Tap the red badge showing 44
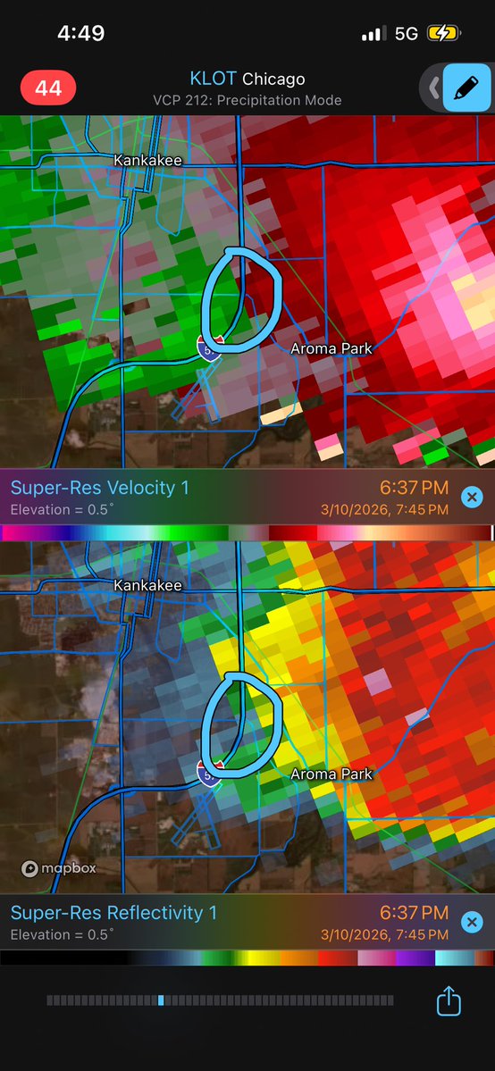click(48, 88)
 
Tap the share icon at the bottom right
click(449, 1000)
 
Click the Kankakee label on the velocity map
click(147, 160)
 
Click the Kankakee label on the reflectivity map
click(147, 585)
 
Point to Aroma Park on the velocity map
click(331, 348)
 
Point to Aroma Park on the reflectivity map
click(331, 774)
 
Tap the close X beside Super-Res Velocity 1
click(472, 498)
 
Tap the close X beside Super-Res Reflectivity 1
click(472, 922)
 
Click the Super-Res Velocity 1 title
click(99, 488)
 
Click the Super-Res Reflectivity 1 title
click(113, 912)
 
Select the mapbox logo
click(58, 867)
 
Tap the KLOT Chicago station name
click(247, 79)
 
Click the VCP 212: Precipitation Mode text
click(247, 100)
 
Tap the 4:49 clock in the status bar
click(80, 34)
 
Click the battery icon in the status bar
click(444, 34)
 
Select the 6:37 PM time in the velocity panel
click(414, 488)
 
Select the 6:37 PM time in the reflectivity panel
click(414, 912)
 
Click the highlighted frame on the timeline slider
click(160, 1000)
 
